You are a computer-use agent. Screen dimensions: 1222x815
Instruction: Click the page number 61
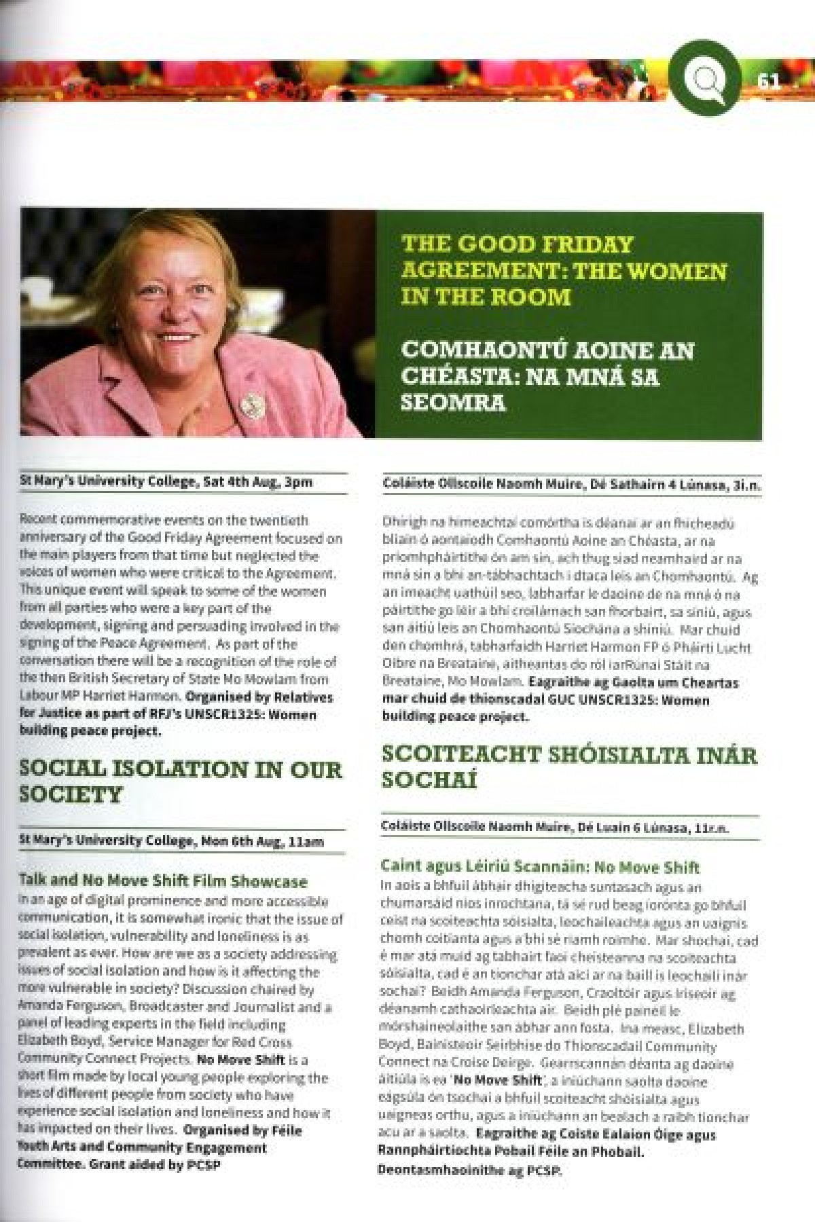click(769, 81)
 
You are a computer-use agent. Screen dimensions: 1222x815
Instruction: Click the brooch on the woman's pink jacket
click(251, 405)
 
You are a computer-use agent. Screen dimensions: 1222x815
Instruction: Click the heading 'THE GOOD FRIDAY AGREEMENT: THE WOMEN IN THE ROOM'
click(564, 270)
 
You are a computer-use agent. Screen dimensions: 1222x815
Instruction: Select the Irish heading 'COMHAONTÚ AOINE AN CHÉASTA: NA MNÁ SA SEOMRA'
click(547, 376)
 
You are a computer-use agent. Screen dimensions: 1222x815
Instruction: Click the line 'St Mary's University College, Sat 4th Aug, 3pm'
click(166, 481)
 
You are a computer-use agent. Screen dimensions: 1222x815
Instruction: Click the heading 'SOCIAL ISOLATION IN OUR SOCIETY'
click(181, 781)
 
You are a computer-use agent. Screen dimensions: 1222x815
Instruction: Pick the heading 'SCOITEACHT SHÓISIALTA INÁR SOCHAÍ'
click(568, 766)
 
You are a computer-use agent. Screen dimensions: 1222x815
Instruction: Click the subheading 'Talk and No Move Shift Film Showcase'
click(163, 881)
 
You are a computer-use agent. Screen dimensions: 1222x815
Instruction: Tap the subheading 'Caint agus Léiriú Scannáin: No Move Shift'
click(540, 867)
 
